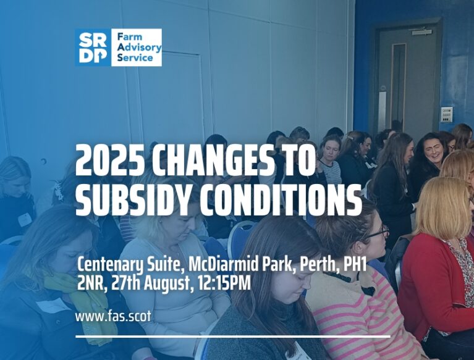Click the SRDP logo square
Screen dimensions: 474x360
[x=93, y=48]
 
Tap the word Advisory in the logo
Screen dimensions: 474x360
[x=140, y=48]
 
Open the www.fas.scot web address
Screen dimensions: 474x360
[x=113, y=317]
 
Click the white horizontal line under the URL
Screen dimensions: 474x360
[x=233, y=336]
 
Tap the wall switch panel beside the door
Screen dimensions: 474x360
[x=446, y=114]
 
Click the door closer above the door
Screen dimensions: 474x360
[x=421, y=31]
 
